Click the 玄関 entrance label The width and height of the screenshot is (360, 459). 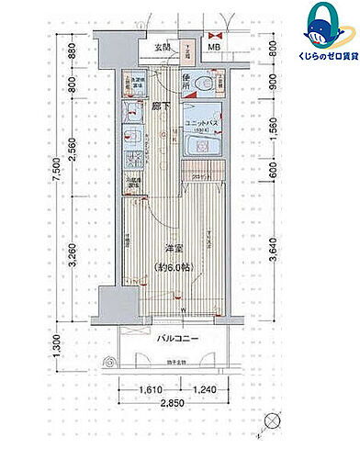[x=162, y=48]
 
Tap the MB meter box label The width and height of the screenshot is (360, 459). [x=213, y=48]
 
